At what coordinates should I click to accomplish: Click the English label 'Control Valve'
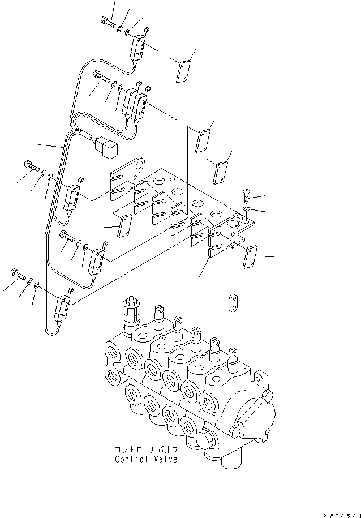click(145, 459)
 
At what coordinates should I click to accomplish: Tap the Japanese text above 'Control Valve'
click(146, 449)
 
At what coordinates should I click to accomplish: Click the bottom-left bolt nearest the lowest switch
click(18, 277)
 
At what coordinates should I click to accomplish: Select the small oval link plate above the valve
click(231, 302)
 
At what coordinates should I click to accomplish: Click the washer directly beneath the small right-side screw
click(246, 209)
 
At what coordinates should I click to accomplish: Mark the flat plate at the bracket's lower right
click(250, 256)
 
